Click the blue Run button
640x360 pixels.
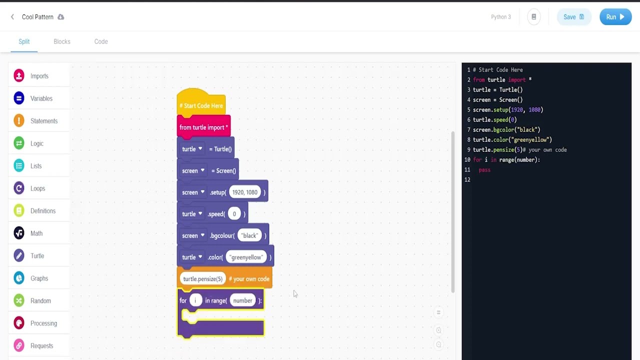pos(615,17)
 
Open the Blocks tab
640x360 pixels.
pos(62,41)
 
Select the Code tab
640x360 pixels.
pos(101,41)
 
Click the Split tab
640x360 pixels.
pos(24,41)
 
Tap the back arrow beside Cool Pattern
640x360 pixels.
pos(12,17)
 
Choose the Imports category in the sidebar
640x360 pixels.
pos(39,76)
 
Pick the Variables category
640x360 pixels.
pos(41,98)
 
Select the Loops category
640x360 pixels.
pos(37,188)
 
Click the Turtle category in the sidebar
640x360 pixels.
pos(37,256)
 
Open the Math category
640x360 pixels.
pos(36,233)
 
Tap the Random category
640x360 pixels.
pos(40,301)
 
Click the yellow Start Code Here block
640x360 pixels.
pos(201,105)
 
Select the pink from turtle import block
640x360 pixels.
pos(203,127)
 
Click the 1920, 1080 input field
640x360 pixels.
pos(244,192)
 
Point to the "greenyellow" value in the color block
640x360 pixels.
pos(246,257)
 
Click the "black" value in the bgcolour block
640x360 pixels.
pos(249,235)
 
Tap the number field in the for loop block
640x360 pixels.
pos(242,300)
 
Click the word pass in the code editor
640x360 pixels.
pos(484,170)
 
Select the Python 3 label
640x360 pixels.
pos(500,17)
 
